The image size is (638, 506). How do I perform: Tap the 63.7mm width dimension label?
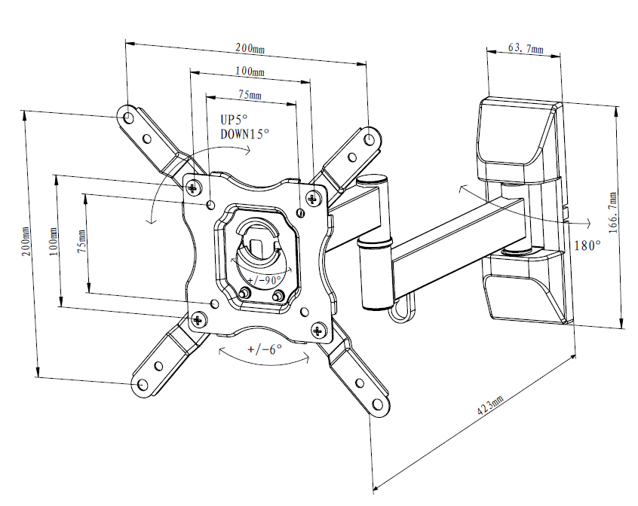click(x=526, y=47)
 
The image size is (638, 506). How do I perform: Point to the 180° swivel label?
click(x=587, y=245)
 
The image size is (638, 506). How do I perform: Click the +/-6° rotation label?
click(x=264, y=349)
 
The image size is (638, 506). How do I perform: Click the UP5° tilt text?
click(x=234, y=120)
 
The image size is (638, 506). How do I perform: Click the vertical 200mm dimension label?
click(x=27, y=243)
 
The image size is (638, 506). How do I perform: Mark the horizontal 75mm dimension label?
click(x=250, y=96)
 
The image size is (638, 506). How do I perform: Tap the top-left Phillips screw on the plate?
click(x=194, y=185)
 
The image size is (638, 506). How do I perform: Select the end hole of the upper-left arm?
click(x=128, y=118)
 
